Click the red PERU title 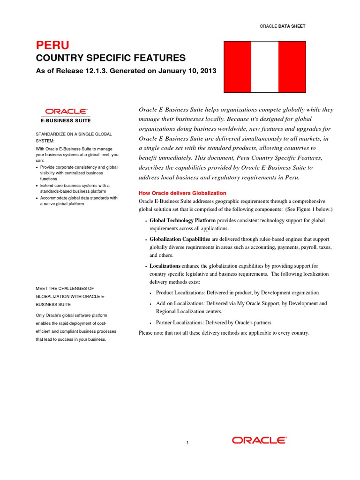click(52, 45)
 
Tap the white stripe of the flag click(265, 67)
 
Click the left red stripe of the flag click(238, 67)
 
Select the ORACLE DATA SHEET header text click(282, 26)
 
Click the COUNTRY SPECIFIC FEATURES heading click(111, 58)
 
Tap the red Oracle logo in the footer click(259, 440)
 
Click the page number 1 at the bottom click(187, 443)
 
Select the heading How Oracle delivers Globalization click(182, 193)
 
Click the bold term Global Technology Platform click(182, 220)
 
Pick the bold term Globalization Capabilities click(180, 239)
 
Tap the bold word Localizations click(165, 266)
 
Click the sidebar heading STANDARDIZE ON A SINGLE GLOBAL click(74, 134)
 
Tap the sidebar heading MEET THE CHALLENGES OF click(65, 288)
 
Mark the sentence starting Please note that click(224, 333)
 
